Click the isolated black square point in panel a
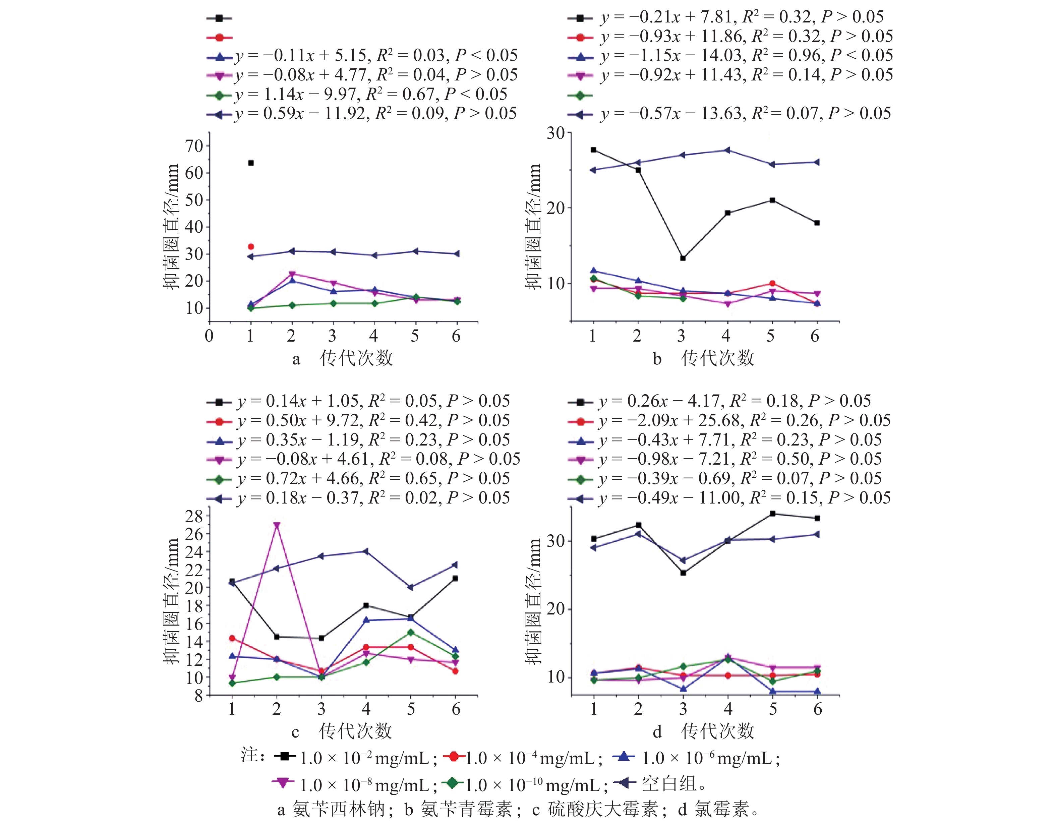coord(250,163)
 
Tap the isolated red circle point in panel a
coord(250,247)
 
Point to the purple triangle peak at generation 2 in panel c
coord(277,525)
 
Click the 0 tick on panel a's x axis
coord(209,336)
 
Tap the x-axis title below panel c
coord(355,731)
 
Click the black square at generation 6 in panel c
coord(455,578)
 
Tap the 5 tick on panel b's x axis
coord(770,336)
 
